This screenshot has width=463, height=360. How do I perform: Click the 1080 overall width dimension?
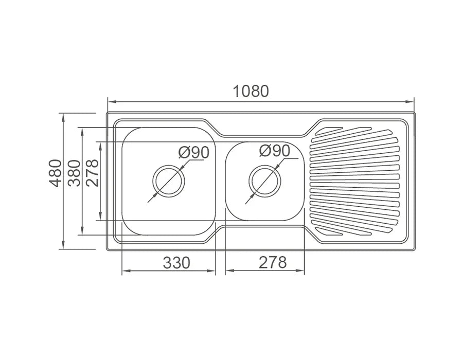tap(251, 91)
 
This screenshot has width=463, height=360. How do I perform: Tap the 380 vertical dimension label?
tap(74, 173)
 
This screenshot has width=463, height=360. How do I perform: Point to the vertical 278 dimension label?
tap(92, 173)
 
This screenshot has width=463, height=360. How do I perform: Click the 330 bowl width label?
tap(176, 262)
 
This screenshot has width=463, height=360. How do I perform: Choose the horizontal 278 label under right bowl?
tap(273, 262)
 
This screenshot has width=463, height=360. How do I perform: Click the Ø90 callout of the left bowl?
tap(194, 153)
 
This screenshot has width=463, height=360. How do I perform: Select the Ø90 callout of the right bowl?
tap(275, 151)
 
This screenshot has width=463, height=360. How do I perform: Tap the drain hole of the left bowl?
tap(169, 181)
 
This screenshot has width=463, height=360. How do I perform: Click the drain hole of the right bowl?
tap(264, 181)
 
